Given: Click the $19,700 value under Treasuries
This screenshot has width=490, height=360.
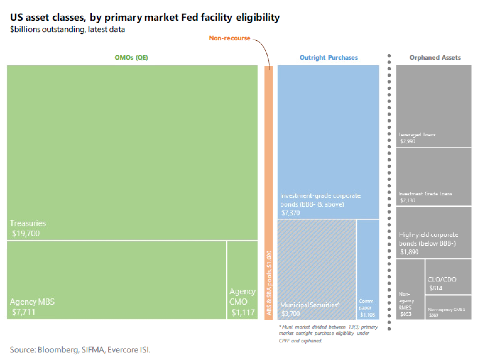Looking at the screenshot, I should click(x=26, y=233).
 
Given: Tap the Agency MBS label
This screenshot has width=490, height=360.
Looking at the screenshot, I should click(x=32, y=302).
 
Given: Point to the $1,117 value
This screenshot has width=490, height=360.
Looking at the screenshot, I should click(x=243, y=313).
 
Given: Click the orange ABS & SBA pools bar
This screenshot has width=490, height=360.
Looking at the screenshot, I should click(x=269, y=192).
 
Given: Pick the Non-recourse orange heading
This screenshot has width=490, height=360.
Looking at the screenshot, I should click(x=230, y=38).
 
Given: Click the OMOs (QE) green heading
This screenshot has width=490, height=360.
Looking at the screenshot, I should click(x=131, y=57).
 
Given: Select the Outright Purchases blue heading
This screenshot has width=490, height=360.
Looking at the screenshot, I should click(x=329, y=57).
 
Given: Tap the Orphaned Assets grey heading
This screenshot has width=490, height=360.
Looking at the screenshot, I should click(x=435, y=57).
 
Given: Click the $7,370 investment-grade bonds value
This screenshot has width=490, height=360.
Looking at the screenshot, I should click(x=291, y=213).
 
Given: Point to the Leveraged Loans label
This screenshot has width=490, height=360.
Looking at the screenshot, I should click(x=417, y=135).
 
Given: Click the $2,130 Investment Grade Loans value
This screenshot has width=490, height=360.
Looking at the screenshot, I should click(x=408, y=200).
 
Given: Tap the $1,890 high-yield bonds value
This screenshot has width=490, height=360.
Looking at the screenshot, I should click(x=409, y=252).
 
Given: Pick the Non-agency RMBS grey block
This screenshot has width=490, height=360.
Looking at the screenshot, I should click(x=410, y=289).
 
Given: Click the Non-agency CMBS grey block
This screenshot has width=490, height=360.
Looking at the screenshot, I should click(x=448, y=307).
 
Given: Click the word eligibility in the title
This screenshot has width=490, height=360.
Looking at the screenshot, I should click(x=258, y=17).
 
